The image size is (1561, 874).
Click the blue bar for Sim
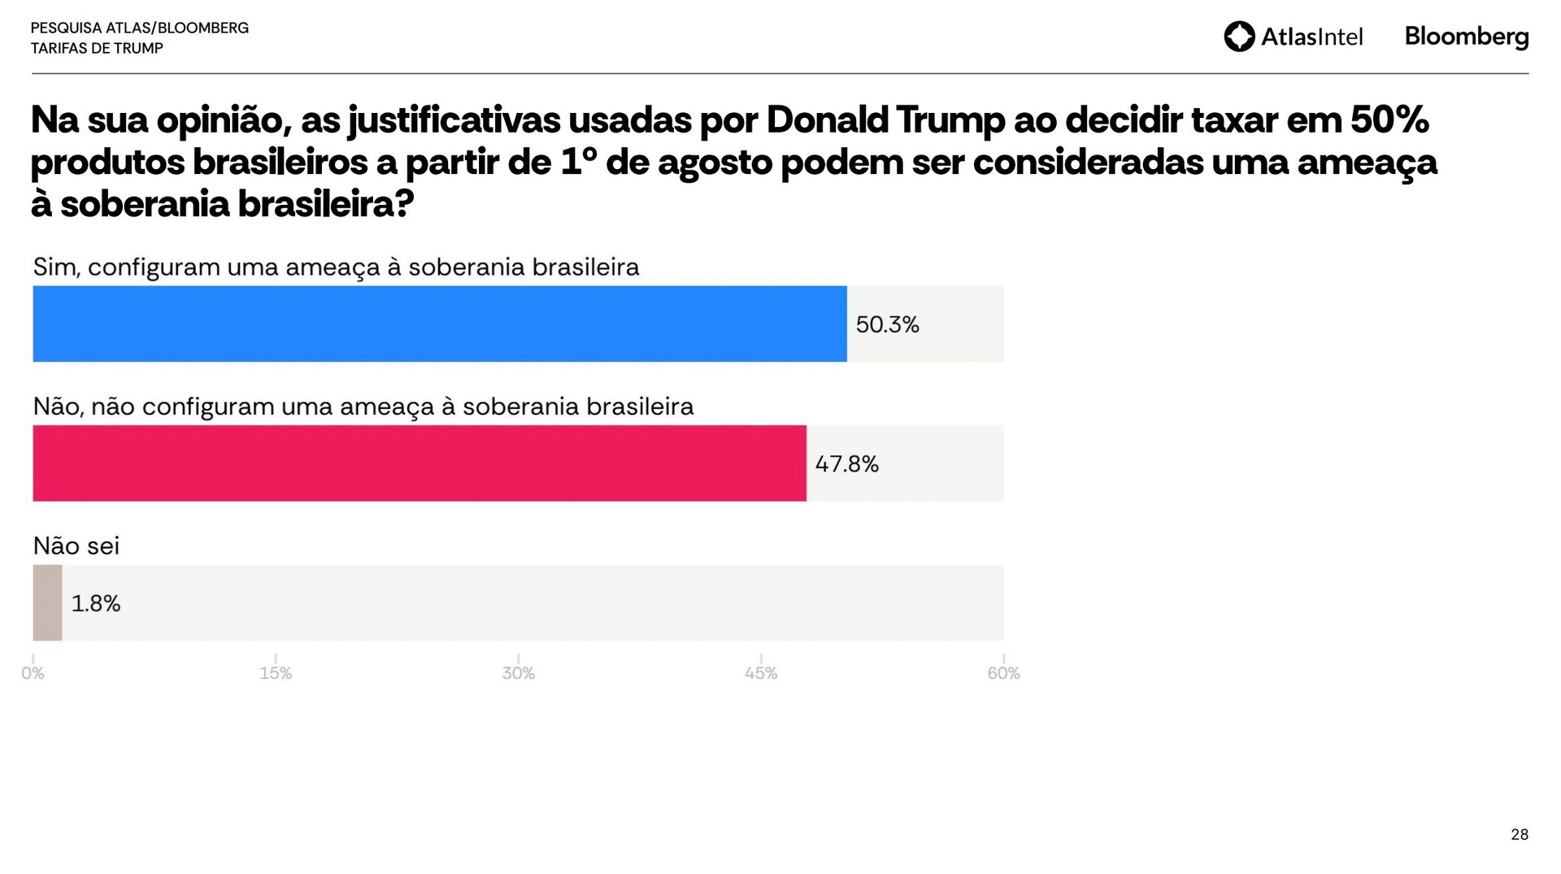point(439,324)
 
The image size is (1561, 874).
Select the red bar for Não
point(419,463)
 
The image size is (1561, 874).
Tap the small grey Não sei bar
point(47,602)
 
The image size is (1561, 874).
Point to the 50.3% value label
point(887,324)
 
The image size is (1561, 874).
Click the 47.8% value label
point(846,464)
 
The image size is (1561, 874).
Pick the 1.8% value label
point(96,603)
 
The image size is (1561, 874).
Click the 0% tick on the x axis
point(33,673)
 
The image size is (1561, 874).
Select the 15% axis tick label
point(276,673)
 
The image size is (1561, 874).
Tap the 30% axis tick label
point(518,673)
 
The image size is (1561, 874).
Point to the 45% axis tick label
point(761,673)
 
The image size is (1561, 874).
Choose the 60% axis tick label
point(1003,673)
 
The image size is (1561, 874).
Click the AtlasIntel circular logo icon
point(1239,37)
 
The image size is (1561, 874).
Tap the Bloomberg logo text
point(1467,37)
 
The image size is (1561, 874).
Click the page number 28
point(1519,834)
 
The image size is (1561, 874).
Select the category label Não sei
point(76,546)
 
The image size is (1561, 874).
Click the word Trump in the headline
point(950,120)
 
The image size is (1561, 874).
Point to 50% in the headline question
point(1389,120)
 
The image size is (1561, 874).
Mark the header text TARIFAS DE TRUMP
point(97,48)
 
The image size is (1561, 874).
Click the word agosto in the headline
point(714,163)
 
